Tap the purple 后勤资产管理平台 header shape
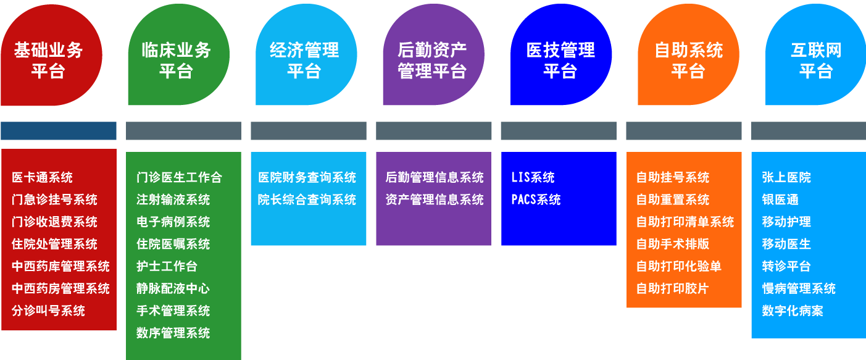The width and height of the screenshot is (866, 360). [432, 59]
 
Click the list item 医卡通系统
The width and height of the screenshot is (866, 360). [42, 178]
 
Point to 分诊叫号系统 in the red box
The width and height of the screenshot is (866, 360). [48, 311]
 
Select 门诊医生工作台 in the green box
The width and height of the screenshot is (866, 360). [179, 178]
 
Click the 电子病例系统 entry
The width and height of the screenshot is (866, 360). [173, 222]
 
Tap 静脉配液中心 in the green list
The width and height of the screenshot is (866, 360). [173, 289]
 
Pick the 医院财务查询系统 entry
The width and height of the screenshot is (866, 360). [307, 178]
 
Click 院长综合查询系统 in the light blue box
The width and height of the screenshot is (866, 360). [307, 200]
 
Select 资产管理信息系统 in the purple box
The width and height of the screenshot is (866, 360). [435, 200]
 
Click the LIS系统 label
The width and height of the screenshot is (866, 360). [533, 178]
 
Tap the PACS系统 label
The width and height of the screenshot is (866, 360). [536, 200]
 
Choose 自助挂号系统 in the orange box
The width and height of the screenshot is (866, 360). [673, 178]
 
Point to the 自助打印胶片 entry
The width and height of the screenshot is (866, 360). [673, 289]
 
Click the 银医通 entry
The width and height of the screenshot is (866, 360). [780, 200]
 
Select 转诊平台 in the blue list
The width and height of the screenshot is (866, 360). [786, 267]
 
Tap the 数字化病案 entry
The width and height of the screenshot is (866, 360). [793, 311]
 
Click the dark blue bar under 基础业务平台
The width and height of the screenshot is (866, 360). [59, 131]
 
